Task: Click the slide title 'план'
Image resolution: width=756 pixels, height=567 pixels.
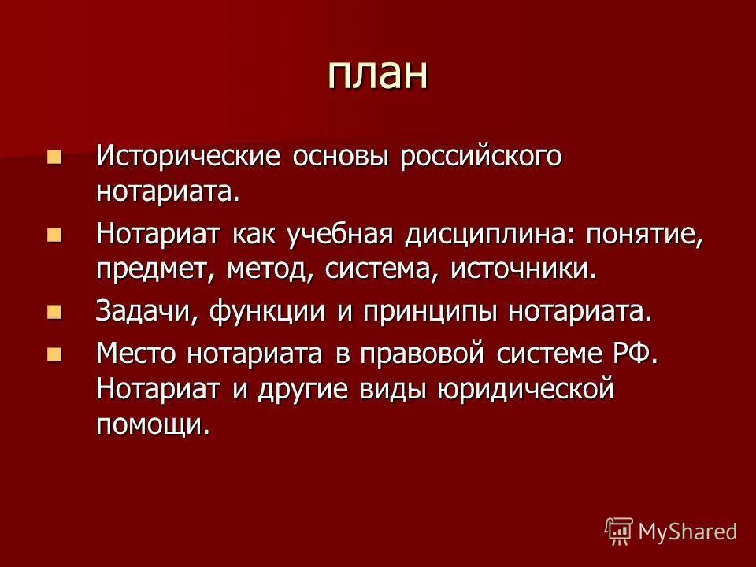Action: click(x=377, y=74)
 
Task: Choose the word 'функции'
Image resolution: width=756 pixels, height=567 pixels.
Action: click(x=258, y=311)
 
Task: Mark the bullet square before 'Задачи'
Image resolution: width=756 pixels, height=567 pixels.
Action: click(x=54, y=313)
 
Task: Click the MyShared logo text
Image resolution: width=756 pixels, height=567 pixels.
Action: click(x=687, y=532)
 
